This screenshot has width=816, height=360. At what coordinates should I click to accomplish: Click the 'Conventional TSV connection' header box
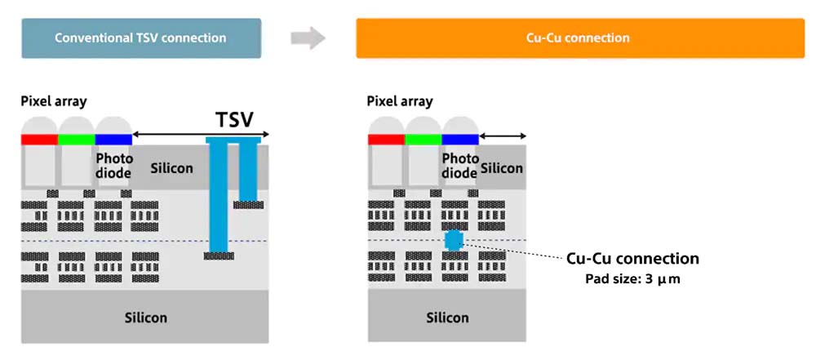coord(140,38)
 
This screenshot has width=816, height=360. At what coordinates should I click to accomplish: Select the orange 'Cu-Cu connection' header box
coord(580,38)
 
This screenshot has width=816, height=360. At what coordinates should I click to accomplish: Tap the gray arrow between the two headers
coord(308,38)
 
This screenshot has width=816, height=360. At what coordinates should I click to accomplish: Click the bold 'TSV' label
coord(234,121)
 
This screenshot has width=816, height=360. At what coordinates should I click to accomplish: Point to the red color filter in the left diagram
coord(40,140)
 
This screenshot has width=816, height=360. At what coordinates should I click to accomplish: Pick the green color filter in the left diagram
coord(77,140)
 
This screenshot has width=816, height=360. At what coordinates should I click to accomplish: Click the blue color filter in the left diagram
coord(113,140)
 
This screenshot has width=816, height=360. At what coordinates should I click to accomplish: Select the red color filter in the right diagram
coord(386,140)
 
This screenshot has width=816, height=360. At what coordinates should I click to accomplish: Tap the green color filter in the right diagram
coord(423,140)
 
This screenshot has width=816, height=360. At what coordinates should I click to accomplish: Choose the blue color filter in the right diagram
coord(459,140)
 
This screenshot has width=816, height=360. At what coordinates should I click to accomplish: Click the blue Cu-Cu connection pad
coord(454,240)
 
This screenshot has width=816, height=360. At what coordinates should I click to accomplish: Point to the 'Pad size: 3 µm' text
coord(633,278)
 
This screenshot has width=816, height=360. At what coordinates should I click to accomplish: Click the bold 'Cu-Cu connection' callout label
coord(632,259)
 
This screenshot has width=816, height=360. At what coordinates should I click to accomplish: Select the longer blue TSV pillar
coord(218,196)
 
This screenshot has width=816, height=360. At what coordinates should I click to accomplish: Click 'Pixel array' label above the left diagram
coord(54,101)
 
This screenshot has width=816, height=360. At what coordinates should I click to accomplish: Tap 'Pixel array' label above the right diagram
coord(400,101)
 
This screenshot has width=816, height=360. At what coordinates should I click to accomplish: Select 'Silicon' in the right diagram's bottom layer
coord(448,317)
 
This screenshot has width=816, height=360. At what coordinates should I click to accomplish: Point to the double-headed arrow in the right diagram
coord(503,136)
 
